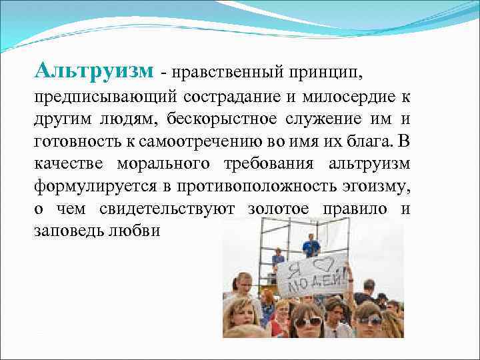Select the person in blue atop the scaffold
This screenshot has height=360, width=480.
click(311, 247)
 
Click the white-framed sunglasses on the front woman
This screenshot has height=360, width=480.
click(308, 321)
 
